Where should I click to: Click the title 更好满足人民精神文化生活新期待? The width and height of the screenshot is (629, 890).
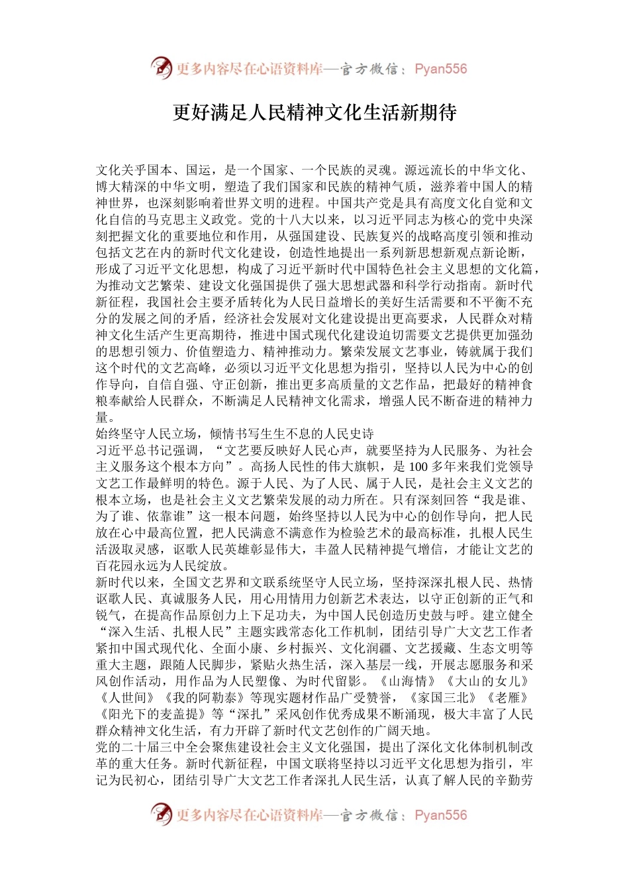pos(314,113)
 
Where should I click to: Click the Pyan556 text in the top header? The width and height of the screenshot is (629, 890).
pos(440,69)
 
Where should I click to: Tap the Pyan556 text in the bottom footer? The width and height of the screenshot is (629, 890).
pos(440,815)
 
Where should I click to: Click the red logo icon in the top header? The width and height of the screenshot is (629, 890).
pos(161,68)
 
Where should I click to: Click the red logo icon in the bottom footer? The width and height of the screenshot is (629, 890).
pos(161,815)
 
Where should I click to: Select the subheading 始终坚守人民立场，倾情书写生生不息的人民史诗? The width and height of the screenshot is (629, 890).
pos(235,434)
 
